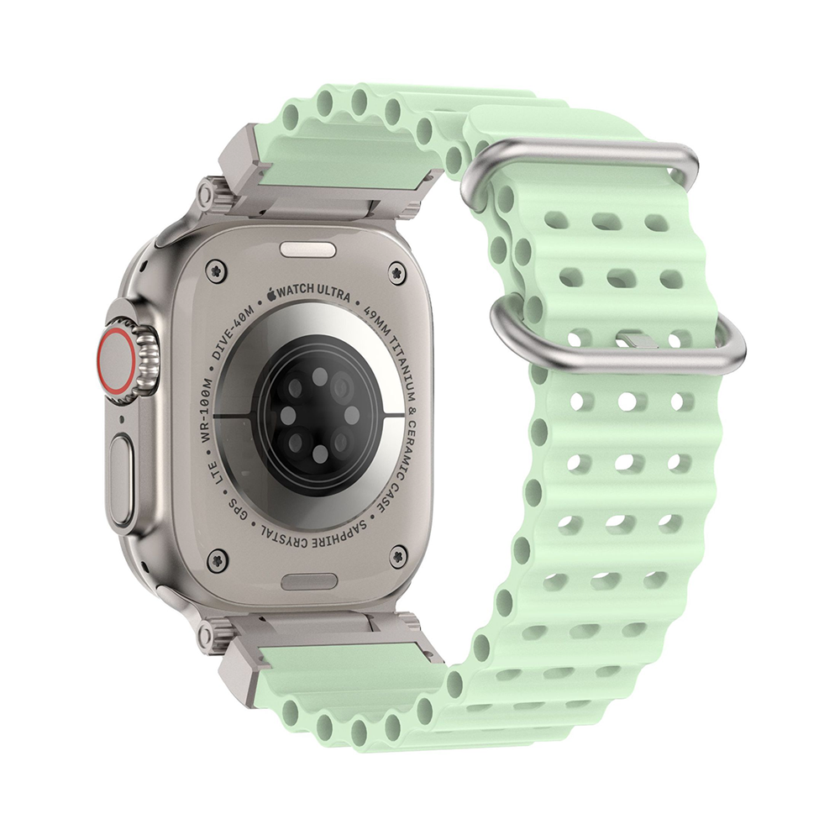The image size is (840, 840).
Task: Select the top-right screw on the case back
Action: point(397,270)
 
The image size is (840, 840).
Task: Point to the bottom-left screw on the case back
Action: point(217,555)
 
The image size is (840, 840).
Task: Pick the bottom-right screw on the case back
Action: point(397,555)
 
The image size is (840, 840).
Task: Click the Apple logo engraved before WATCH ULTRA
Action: point(271,293)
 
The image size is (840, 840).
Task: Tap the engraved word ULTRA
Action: point(332,293)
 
